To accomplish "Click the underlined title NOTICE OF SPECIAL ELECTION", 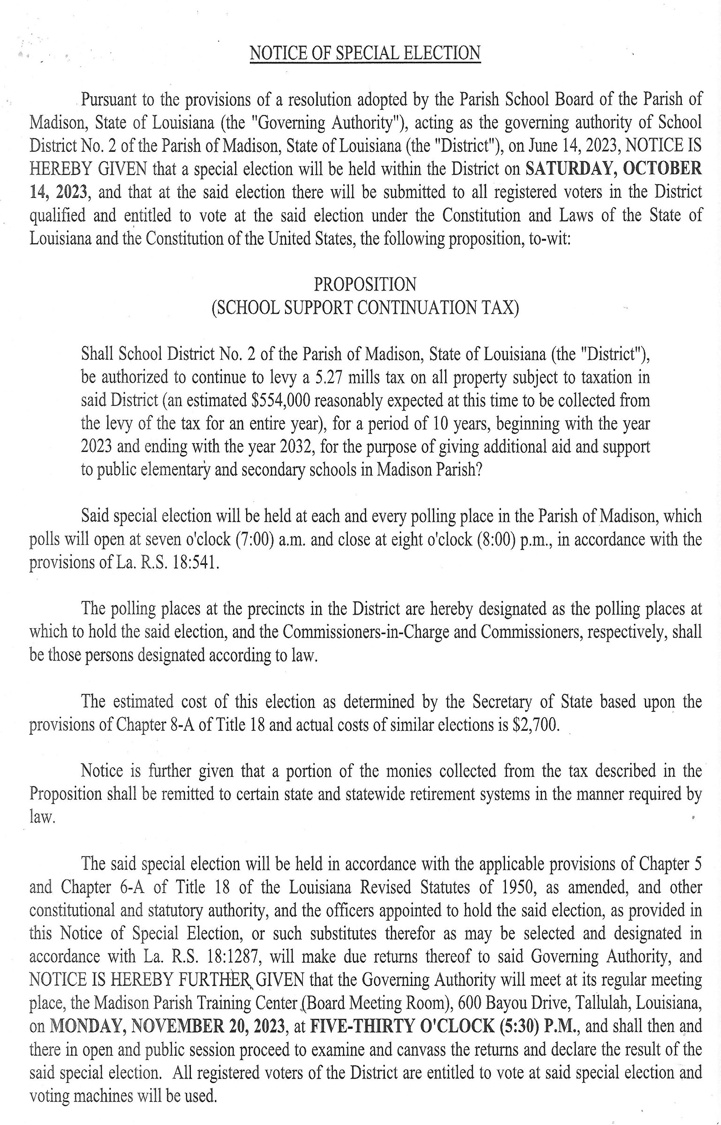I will pyautogui.click(x=365, y=53).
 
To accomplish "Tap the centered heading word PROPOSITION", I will pyautogui.click(x=365, y=285).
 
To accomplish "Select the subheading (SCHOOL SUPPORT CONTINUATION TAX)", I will pyautogui.click(x=365, y=308).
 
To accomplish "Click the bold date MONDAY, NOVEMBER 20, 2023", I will pyautogui.click(x=167, y=1026).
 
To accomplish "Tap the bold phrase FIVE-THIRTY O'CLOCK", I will pyautogui.click(x=402, y=1026).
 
